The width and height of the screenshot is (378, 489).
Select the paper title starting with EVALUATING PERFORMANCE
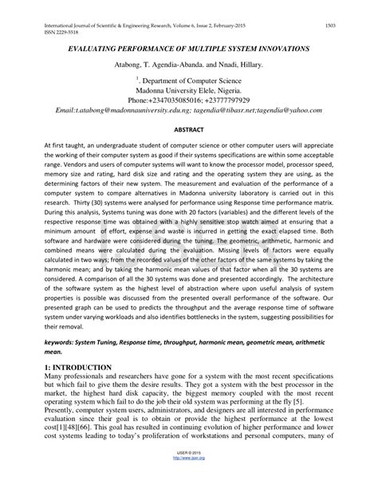(x=188, y=49)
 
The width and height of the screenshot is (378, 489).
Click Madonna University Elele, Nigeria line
(x=189, y=92)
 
